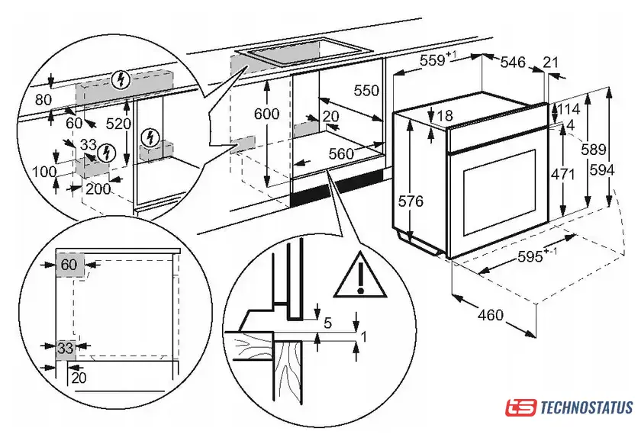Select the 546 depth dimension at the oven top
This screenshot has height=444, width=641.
pos(513,63)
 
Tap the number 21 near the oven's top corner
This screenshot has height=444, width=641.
pos(551,62)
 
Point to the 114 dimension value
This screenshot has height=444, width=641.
pos(568,110)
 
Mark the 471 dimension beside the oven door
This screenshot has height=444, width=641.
pos(563,174)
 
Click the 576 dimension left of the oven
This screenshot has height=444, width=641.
pos(411,202)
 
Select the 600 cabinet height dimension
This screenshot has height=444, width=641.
pos(266,114)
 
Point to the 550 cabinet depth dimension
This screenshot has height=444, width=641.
pos(366,91)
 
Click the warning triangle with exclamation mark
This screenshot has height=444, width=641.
pos(357,275)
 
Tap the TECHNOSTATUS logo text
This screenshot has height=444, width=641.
pos(586,407)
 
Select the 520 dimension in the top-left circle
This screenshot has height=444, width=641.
pos(118,124)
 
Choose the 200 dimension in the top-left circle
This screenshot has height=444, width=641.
pos(97,189)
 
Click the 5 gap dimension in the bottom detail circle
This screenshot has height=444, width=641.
pos(327,323)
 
